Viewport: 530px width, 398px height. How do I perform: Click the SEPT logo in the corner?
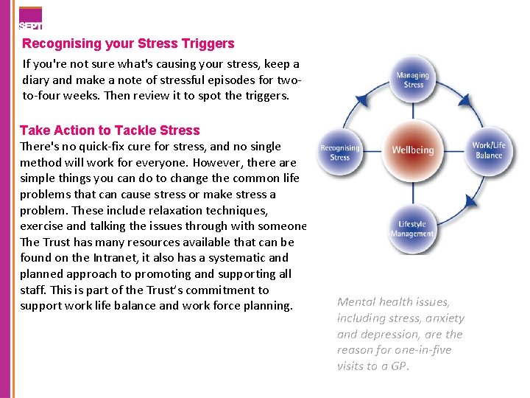coord(30,18)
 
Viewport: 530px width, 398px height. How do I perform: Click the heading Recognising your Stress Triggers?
coord(128,43)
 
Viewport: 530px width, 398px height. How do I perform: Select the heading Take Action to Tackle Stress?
coord(110,130)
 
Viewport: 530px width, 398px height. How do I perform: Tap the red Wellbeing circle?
coord(413,150)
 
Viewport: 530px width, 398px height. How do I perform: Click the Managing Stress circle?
coord(413,80)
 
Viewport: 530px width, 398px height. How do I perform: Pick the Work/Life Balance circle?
coord(488,150)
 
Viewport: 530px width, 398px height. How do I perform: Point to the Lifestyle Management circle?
coord(412,229)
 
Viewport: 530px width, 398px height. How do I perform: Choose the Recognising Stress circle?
coord(339,153)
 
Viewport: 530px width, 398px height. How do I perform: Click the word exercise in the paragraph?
coord(43,226)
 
